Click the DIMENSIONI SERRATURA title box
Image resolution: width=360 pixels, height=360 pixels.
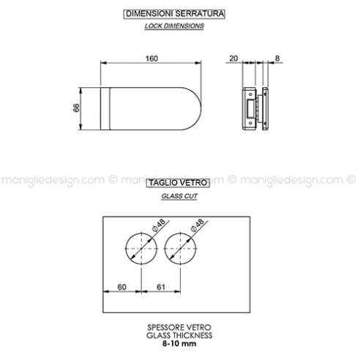click(x=174, y=14)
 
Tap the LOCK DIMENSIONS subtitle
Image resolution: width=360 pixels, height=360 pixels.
click(x=174, y=26)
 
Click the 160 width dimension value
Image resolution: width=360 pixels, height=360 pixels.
click(x=151, y=59)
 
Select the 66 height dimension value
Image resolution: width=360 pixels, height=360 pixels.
click(x=76, y=108)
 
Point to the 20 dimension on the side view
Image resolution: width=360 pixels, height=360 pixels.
click(x=233, y=59)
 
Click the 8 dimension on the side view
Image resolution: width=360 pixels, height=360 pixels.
click(x=277, y=59)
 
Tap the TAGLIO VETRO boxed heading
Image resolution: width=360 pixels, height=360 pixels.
click(x=178, y=183)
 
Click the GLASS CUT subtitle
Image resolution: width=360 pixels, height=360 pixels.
click(x=179, y=196)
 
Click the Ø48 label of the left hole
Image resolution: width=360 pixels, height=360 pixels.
click(x=159, y=225)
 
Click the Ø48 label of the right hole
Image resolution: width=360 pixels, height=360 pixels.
click(x=198, y=225)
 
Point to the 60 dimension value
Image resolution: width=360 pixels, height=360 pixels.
click(x=122, y=287)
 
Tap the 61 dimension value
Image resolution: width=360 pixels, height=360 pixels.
click(x=161, y=287)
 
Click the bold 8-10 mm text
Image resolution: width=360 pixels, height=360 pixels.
click(x=179, y=344)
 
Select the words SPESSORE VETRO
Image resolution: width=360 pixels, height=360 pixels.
click(x=179, y=327)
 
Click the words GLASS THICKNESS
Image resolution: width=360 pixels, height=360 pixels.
click(x=179, y=335)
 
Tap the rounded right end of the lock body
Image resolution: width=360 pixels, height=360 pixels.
click(x=201, y=108)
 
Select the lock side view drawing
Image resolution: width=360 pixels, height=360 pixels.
click(x=255, y=108)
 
